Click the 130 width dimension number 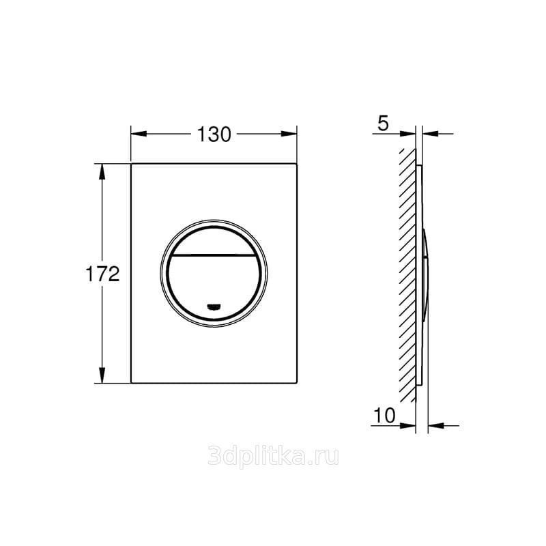(x=214, y=134)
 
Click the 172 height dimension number (x=103, y=274)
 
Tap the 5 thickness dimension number (x=383, y=124)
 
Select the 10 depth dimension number (x=384, y=415)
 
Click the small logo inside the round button (x=214, y=306)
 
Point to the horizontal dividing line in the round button (x=214, y=255)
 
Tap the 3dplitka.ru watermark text (x=273, y=455)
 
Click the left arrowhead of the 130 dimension (x=139, y=134)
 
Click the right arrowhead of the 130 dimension (x=289, y=134)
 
